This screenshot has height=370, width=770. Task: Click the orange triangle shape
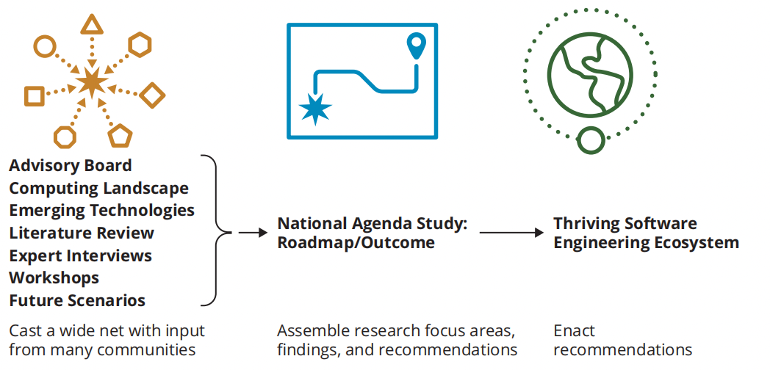point(91,26)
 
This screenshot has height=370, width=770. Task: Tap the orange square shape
point(33,95)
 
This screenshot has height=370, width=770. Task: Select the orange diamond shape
point(152,95)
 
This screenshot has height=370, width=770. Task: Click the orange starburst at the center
point(92,81)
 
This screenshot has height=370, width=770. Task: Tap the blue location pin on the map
point(417,46)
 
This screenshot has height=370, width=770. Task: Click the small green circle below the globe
point(590,139)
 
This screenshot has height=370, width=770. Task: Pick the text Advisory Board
point(71,166)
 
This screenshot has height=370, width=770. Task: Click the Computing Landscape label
point(98,189)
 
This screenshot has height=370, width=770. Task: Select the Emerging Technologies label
point(101,211)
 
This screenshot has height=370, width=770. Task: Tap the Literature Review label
point(82,233)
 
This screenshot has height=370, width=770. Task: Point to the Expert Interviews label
point(80,255)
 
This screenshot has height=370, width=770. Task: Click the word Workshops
point(54,278)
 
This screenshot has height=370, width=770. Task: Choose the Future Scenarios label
point(77,300)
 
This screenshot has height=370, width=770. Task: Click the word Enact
point(574,331)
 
